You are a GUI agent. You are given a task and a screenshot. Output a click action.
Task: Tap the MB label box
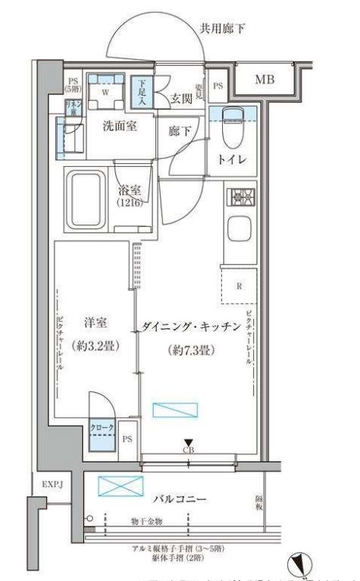click(x=265, y=80)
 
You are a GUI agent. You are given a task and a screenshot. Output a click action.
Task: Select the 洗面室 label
click(x=120, y=126)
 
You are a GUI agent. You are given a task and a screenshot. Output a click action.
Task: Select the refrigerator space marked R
click(x=239, y=287)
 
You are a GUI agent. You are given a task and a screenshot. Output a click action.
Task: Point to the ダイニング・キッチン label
click(x=191, y=328)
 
